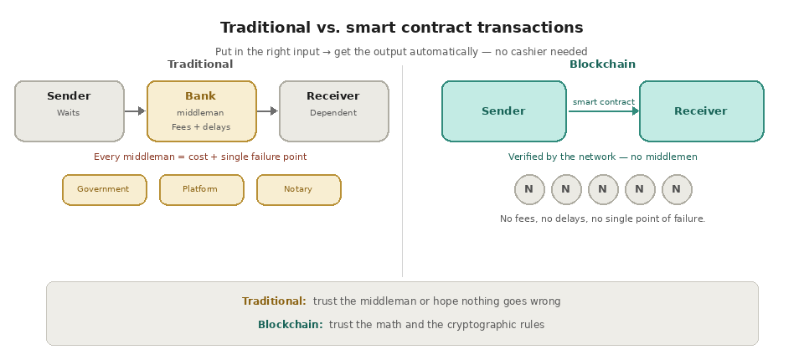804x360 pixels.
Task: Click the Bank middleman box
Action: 201,111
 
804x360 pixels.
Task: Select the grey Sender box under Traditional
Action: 69,111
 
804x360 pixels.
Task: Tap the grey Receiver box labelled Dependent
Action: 333,111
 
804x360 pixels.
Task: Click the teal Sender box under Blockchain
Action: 503,111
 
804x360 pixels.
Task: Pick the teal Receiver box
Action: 701,111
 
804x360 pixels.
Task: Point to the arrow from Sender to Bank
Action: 135,111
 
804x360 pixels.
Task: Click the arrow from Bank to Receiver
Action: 267,111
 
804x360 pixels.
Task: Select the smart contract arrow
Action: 603,111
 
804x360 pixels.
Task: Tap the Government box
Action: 104,189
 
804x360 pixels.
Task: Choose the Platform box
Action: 201,189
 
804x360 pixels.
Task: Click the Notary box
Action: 298,189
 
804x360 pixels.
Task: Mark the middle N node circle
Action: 602,189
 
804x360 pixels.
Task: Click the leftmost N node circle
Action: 528,189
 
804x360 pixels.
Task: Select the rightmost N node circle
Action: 676,189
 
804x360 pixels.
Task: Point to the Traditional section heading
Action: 200,64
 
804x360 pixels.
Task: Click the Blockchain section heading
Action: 602,64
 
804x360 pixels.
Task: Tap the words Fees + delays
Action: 201,127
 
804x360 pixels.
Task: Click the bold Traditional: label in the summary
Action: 274,301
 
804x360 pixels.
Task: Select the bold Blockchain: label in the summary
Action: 290,325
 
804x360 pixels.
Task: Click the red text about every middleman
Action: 200,157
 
